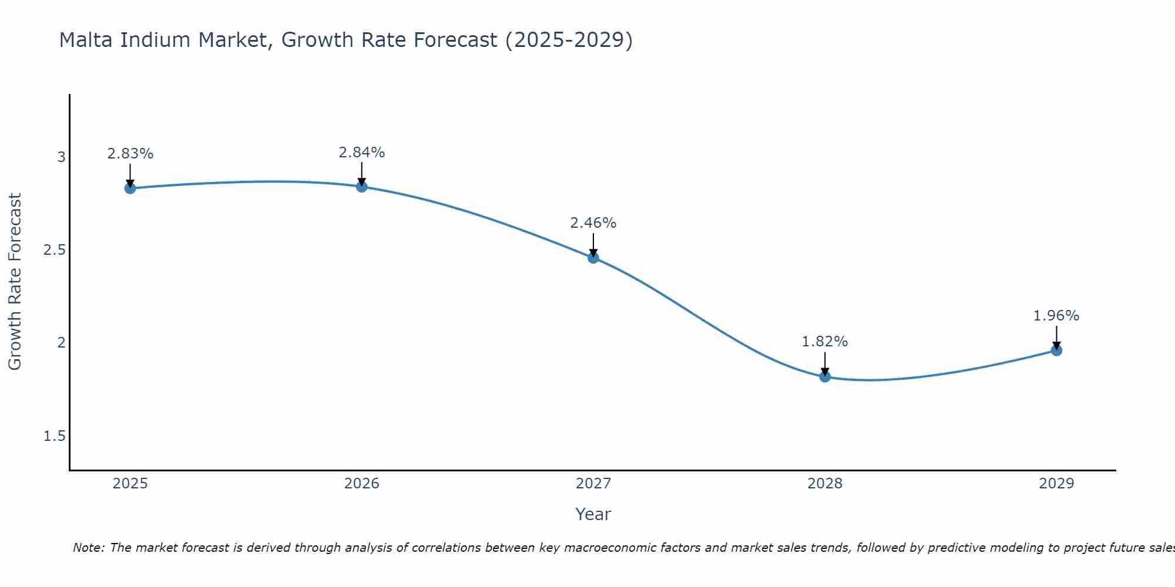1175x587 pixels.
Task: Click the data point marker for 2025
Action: [x=130, y=188]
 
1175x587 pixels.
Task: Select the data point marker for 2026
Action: [x=362, y=187]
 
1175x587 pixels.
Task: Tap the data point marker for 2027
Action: [x=593, y=257]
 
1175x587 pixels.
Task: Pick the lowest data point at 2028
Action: [x=825, y=376]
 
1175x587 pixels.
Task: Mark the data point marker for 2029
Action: [x=1056, y=350]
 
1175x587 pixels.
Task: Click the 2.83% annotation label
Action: [x=130, y=154]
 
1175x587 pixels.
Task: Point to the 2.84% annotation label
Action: [x=362, y=153]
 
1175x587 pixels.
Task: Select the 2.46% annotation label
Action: [x=593, y=223]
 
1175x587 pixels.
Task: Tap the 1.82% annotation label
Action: [x=825, y=342]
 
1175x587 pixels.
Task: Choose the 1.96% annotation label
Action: [x=1056, y=316]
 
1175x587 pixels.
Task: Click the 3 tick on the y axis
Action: [x=61, y=157]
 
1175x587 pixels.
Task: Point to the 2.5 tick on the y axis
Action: [x=55, y=250]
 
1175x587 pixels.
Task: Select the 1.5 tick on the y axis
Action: [x=55, y=436]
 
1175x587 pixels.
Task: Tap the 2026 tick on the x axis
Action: [x=362, y=484]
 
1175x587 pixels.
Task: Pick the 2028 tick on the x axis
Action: [x=825, y=484]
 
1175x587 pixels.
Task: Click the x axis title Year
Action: [x=593, y=514]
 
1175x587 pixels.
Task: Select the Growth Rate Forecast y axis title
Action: [x=15, y=282]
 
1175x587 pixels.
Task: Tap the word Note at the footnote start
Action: [x=88, y=548]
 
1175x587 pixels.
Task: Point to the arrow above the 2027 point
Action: [x=593, y=245]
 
